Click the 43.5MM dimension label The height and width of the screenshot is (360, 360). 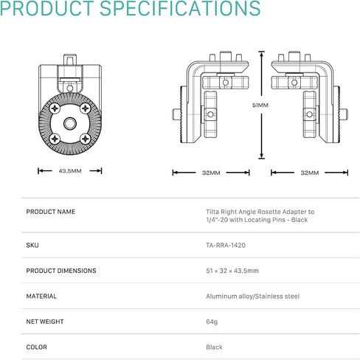70,171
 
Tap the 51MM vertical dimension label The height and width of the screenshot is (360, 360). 260,105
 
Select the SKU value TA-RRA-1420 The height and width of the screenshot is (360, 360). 226,245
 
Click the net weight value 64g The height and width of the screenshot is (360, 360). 212,322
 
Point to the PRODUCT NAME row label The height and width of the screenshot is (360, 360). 51,212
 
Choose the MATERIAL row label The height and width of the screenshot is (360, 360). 41,296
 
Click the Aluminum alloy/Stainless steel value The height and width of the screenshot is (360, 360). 253,297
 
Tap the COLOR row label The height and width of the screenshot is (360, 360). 36,347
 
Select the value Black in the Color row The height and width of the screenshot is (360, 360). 214,347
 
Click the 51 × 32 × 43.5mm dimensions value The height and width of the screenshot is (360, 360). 232,271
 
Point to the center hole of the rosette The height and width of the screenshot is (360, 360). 70,123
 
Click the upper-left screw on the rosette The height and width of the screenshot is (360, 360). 55,108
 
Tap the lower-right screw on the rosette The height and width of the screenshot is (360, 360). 86,139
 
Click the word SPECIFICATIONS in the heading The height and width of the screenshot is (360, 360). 180,8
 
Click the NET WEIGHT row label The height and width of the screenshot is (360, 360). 45,322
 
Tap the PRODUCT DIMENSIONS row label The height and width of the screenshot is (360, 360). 61,271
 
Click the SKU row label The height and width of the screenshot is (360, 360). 32,245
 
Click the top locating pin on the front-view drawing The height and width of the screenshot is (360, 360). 70,60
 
